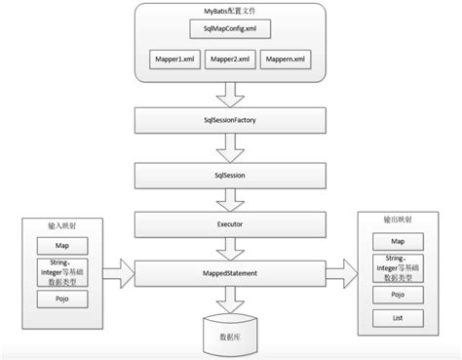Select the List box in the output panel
(398, 318)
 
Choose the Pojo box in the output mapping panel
(398, 293)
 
